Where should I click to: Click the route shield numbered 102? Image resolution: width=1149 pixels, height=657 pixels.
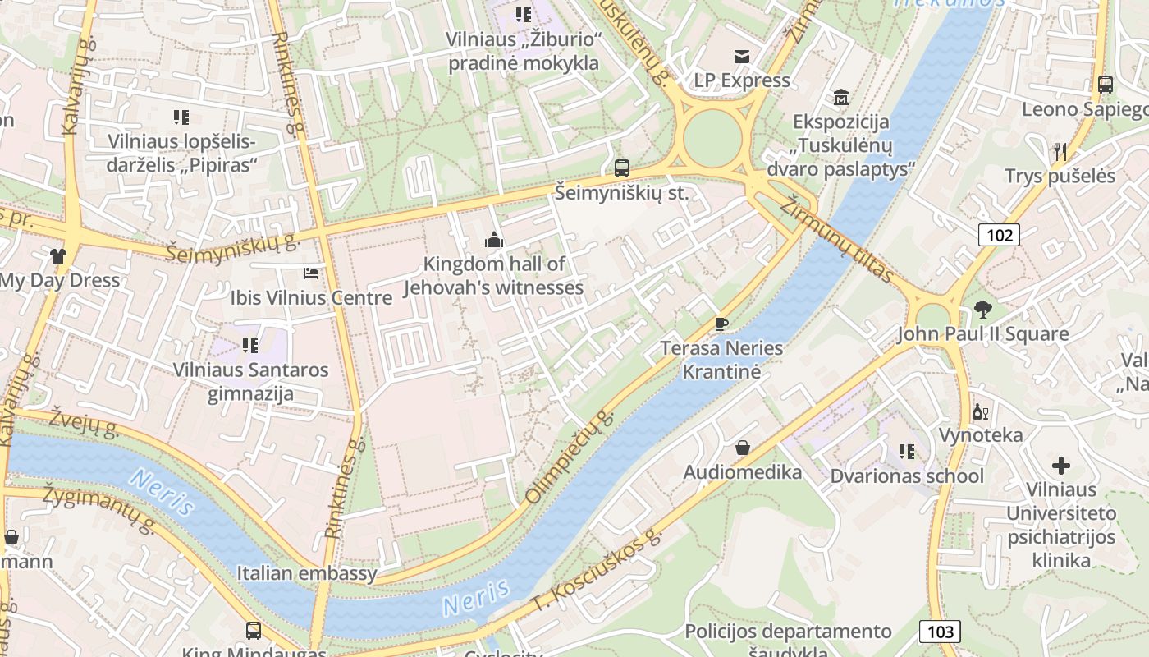click(x=999, y=236)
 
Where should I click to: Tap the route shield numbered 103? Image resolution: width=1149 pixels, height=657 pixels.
click(x=940, y=632)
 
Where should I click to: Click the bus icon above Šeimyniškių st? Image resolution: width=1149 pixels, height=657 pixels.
click(x=622, y=168)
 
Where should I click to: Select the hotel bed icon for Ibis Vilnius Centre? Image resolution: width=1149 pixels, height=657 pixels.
click(x=311, y=273)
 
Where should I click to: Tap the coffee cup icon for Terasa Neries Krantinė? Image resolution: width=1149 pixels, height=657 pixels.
click(x=721, y=324)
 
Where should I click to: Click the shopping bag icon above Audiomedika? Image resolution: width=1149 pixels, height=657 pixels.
click(x=743, y=448)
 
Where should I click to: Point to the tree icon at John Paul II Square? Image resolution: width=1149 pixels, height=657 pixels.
click(x=982, y=310)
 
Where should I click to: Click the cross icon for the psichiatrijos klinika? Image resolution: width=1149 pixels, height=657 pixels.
click(x=1061, y=466)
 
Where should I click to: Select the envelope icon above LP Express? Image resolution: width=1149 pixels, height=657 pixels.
click(x=742, y=56)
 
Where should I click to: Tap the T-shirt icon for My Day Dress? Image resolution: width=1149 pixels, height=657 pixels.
click(x=57, y=255)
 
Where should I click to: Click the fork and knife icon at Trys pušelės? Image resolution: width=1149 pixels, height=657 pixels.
click(x=1060, y=151)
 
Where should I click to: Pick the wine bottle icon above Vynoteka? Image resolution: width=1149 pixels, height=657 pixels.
click(x=979, y=411)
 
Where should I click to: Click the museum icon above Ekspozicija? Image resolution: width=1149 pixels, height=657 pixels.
click(x=840, y=98)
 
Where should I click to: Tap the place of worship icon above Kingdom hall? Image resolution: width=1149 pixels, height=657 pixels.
click(x=494, y=239)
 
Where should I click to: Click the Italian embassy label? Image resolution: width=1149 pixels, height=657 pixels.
click(x=307, y=573)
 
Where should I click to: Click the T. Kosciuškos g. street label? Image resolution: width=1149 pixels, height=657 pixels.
click(x=597, y=572)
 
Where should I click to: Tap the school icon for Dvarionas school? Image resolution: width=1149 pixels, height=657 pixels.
click(x=907, y=451)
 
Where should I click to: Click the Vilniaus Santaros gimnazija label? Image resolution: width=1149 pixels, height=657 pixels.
click(x=250, y=381)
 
